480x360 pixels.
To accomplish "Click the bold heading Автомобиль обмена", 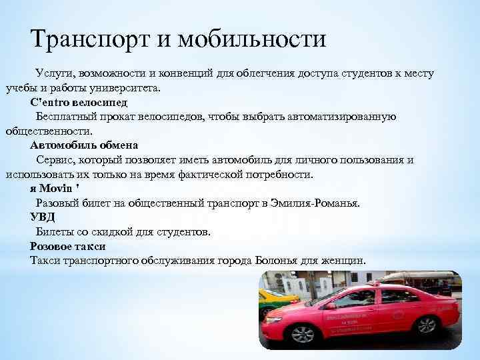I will pos(84,145).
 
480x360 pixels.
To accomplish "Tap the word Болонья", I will pos(285,260).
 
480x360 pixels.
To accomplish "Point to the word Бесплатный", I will pos(67,117).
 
